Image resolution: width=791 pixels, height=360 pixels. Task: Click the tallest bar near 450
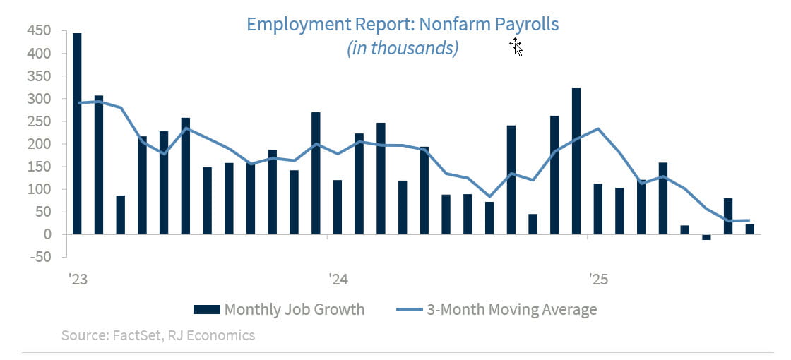[77, 133]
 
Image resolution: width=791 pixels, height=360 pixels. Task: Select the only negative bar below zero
[706, 237]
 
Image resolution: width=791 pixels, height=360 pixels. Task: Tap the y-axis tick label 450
[38, 31]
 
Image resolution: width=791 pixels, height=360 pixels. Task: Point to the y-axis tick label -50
[38, 257]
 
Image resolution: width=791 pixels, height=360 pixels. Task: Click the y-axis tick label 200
[38, 144]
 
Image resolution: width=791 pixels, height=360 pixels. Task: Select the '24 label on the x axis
[338, 280]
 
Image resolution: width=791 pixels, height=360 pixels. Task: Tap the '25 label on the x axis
[598, 280]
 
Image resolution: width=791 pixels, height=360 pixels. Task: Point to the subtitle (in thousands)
[403, 48]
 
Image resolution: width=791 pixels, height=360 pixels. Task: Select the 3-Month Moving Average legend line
[408, 309]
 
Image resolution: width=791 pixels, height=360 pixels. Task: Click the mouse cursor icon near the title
[516, 47]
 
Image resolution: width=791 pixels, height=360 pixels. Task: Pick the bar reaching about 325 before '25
[576, 161]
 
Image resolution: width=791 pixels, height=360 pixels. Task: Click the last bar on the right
[749, 229]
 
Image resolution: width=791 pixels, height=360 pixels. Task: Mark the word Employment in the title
[295, 24]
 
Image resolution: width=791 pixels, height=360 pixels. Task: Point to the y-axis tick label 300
[38, 99]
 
